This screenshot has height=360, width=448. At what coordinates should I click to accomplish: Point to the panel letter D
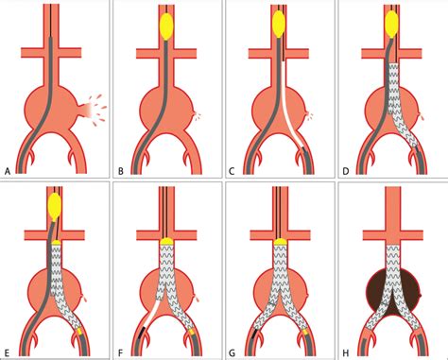(x=344, y=170)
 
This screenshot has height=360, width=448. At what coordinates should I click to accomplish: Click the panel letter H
(x=344, y=352)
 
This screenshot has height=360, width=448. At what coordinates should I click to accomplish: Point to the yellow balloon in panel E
(x=56, y=203)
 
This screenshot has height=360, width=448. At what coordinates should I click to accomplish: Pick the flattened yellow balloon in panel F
(x=167, y=242)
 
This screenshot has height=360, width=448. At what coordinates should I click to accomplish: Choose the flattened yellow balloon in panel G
(x=279, y=242)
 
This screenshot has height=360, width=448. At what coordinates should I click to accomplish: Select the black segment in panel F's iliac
(x=142, y=330)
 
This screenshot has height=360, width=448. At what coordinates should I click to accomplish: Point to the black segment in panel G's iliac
(x=253, y=330)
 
